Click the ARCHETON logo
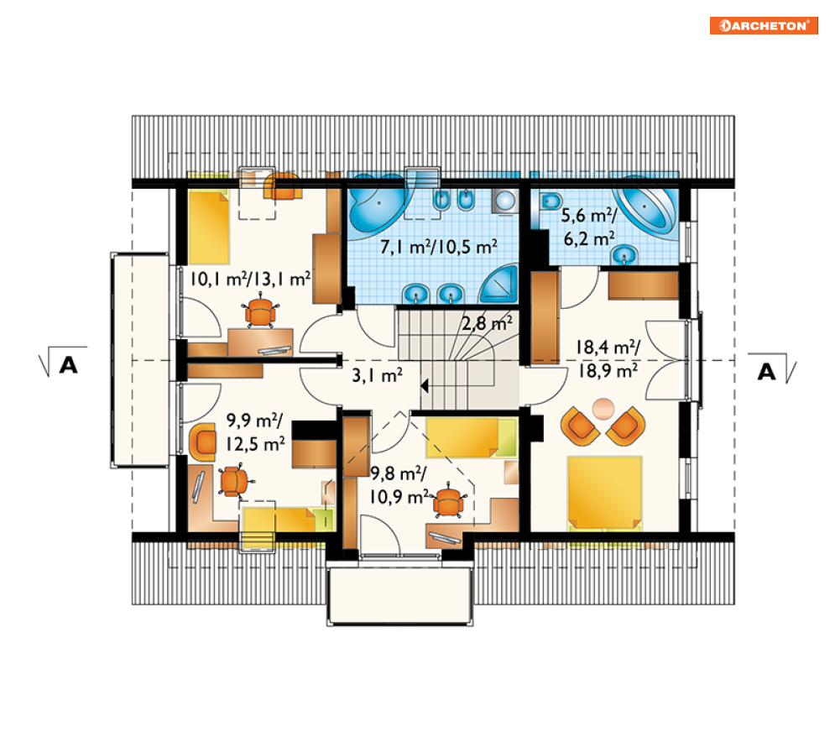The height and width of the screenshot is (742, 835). [x=764, y=25]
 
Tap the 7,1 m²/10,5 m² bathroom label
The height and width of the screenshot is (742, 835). [x=439, y=247]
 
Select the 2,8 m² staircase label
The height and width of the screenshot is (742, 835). [x=487, y=323]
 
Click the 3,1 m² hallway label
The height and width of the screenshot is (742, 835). [x=377, y=375]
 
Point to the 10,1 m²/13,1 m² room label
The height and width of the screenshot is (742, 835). [x=250, y=280]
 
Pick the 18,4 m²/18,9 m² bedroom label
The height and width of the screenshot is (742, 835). [x=608, y=359]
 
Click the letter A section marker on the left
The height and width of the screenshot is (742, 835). [x=69, y=365]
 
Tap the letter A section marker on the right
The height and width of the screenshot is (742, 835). [x=767, y=372]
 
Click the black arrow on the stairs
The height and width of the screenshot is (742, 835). [x=425, y=385]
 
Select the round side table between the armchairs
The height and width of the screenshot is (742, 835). [x=603, y=409]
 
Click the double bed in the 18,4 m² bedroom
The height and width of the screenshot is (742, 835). [x=604, y=493]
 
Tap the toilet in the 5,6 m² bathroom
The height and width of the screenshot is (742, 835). [x=551, y=201]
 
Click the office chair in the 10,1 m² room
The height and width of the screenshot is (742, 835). [x=260, y=311]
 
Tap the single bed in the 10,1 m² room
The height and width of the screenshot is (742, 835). [x=209, y=227]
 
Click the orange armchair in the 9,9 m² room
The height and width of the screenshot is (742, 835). [x=203, y=442]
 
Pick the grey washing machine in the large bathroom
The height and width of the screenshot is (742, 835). [x=504, y=201]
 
